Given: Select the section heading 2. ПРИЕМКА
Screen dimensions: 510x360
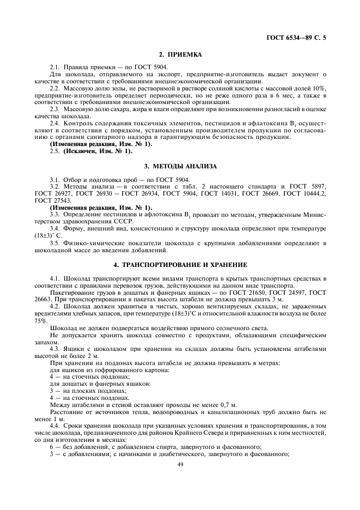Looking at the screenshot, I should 180,55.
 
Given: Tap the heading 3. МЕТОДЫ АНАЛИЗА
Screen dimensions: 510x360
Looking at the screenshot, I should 180,165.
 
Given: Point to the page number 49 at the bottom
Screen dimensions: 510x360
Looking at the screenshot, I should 180,464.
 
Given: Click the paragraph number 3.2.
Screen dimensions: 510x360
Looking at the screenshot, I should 54,186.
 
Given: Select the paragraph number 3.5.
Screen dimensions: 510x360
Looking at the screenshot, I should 54,242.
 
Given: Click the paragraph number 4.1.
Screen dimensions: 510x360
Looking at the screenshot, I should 54,278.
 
